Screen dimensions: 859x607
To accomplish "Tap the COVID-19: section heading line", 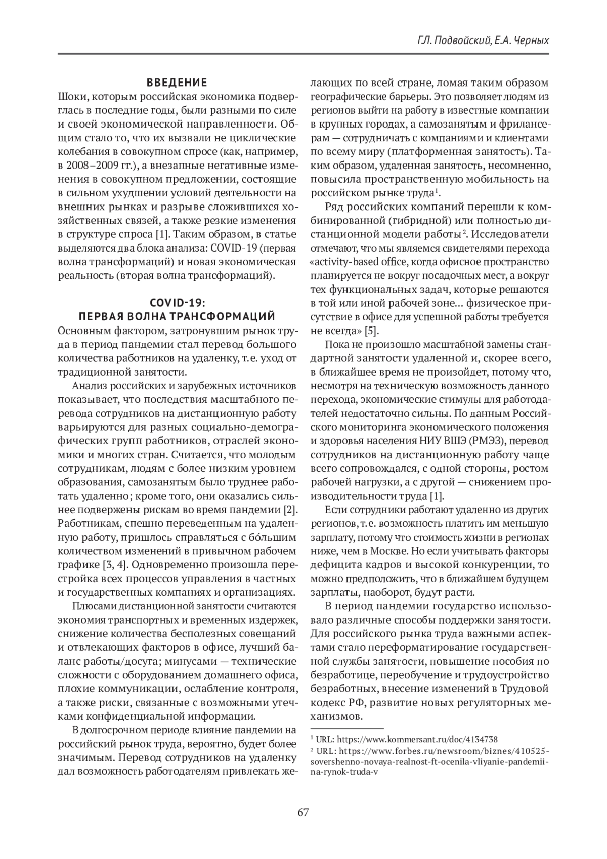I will point(177,303).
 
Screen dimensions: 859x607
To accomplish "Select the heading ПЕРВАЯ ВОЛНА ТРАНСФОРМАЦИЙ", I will point(177,317).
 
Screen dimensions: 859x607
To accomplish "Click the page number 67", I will point(303,813).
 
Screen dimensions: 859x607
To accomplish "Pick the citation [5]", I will point(371,331).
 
